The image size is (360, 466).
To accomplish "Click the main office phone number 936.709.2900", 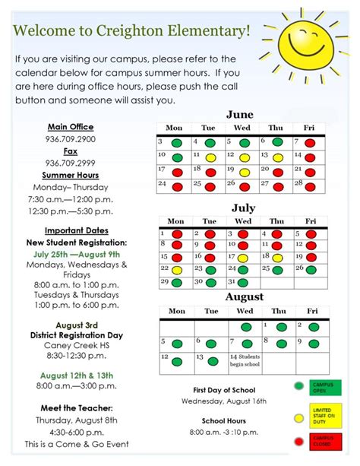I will coord(71,139).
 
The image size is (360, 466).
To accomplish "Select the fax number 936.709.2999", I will coord(71,163).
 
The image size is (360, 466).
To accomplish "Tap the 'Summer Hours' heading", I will coord(71,175).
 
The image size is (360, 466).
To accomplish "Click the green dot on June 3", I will coord(176,143).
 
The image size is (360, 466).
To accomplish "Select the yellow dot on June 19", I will coord(244,172).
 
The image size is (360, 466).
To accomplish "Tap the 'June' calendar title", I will coord(240,115).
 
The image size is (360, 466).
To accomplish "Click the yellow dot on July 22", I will coord(176,269).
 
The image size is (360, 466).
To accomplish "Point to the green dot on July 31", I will coord(244,283).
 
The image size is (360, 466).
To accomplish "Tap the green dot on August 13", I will coord(213,362).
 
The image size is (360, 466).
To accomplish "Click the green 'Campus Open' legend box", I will coord(325,387).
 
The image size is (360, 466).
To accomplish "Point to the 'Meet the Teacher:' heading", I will coord(71,407).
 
